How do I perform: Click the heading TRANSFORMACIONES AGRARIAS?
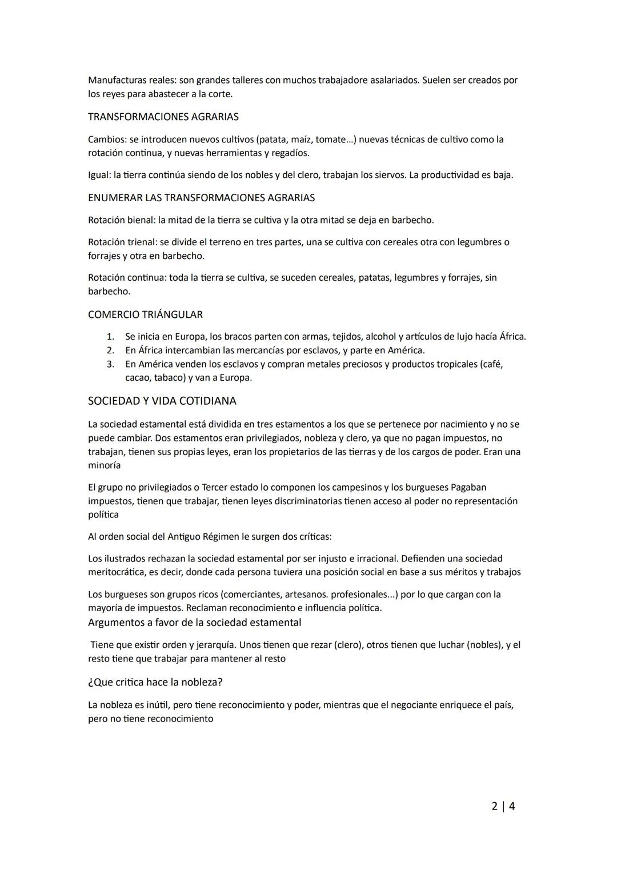coord(163,117)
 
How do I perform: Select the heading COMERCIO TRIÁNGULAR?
coord(145,314)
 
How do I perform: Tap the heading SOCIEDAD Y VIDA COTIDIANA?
coord(162,401)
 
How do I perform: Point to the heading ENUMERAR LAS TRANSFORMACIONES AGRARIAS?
coord(201,198)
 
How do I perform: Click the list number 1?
coord(111,337)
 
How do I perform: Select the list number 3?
coord(111,364)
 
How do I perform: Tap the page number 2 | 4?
coord(503,806)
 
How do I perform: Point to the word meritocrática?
coord(118,572)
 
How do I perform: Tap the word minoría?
coord(104,465)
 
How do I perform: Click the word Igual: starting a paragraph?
coord(100,175)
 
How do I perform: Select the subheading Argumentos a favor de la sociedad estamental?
coord(194,622)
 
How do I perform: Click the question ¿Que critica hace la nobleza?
coord(155,682)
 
